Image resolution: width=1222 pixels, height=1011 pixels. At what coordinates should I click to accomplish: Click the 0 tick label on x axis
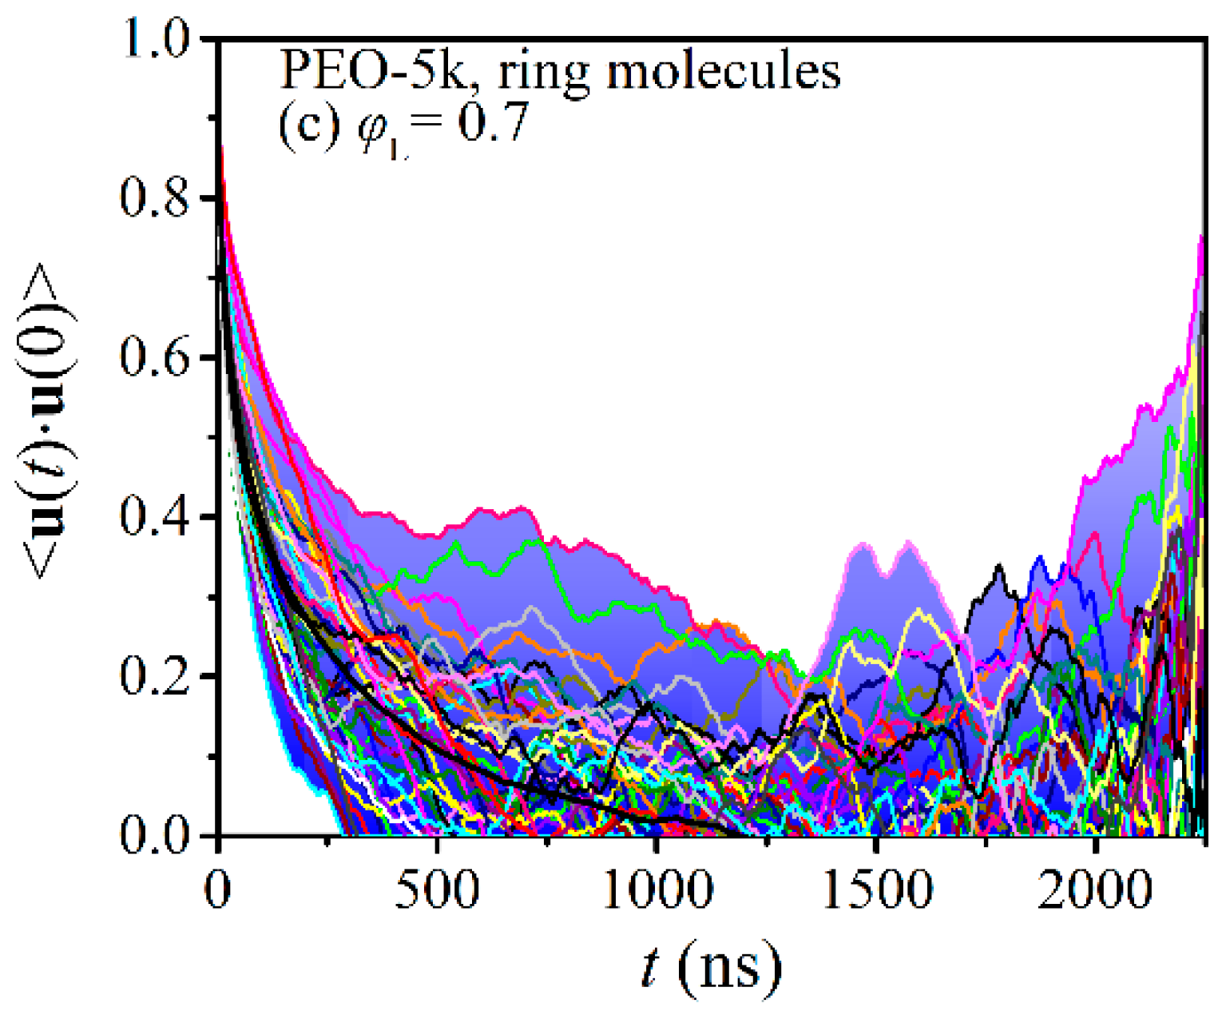click(218, 889)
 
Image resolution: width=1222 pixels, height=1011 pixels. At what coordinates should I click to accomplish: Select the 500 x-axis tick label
click(438, 889)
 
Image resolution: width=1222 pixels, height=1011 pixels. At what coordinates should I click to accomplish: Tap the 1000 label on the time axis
click(657, 889)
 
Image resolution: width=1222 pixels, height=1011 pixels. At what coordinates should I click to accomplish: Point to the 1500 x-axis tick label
click(876, 889)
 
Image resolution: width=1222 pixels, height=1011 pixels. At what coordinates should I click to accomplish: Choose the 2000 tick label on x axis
click(1095, 889)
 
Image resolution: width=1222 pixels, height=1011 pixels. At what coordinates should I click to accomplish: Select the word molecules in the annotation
click(723, 72)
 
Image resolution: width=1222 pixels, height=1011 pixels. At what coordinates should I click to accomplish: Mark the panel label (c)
click(310, 125)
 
